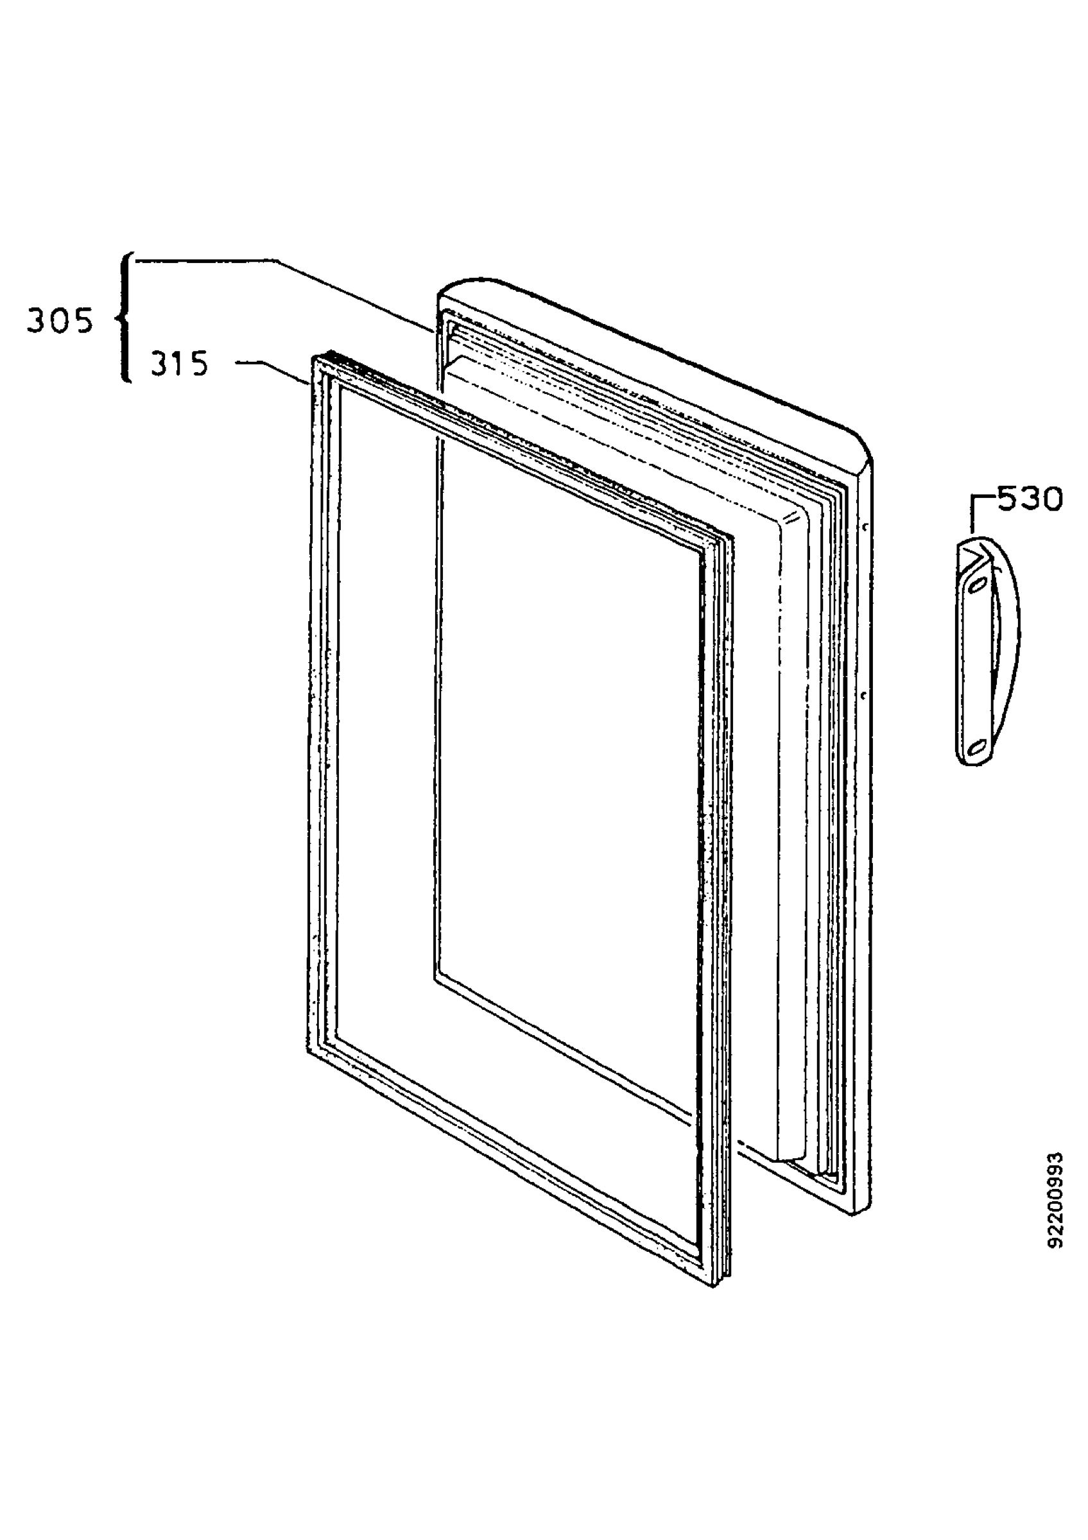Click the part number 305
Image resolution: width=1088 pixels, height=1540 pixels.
click(59, 322)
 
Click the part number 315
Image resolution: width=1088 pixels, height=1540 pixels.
click(179, 364)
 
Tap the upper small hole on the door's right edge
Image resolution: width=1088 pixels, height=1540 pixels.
click(868, 527)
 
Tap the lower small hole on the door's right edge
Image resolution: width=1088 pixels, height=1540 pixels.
click(865, 695)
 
